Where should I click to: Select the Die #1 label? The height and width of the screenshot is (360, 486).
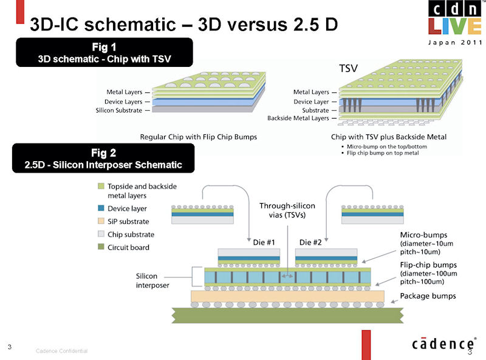tap(264, 242)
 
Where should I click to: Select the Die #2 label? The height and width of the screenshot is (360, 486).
tap(310, 242)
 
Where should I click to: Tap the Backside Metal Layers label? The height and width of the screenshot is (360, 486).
tap(298, 118)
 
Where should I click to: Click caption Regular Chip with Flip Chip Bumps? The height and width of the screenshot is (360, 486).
tap(199, 137)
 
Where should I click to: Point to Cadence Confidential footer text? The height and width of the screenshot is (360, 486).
tap(62, 351)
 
